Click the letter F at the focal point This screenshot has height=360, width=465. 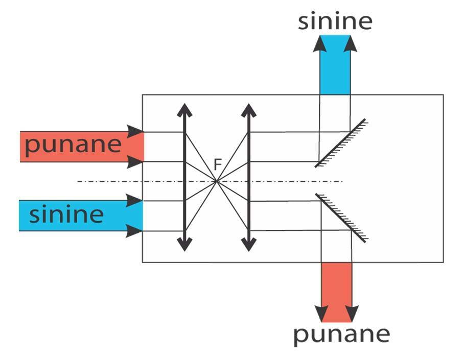218,165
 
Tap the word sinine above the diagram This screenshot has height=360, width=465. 336,21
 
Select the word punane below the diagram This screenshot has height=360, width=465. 341,334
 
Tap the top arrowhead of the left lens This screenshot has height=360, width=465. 185,109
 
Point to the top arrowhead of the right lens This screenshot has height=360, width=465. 248,109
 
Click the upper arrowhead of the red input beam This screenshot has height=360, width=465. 135,131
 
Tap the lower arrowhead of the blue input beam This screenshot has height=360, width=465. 135,231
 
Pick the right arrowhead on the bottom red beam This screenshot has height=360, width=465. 352,313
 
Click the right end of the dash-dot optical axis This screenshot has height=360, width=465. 341,181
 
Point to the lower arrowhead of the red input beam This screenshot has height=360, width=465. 135,162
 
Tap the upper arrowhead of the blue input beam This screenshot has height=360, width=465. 135,200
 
